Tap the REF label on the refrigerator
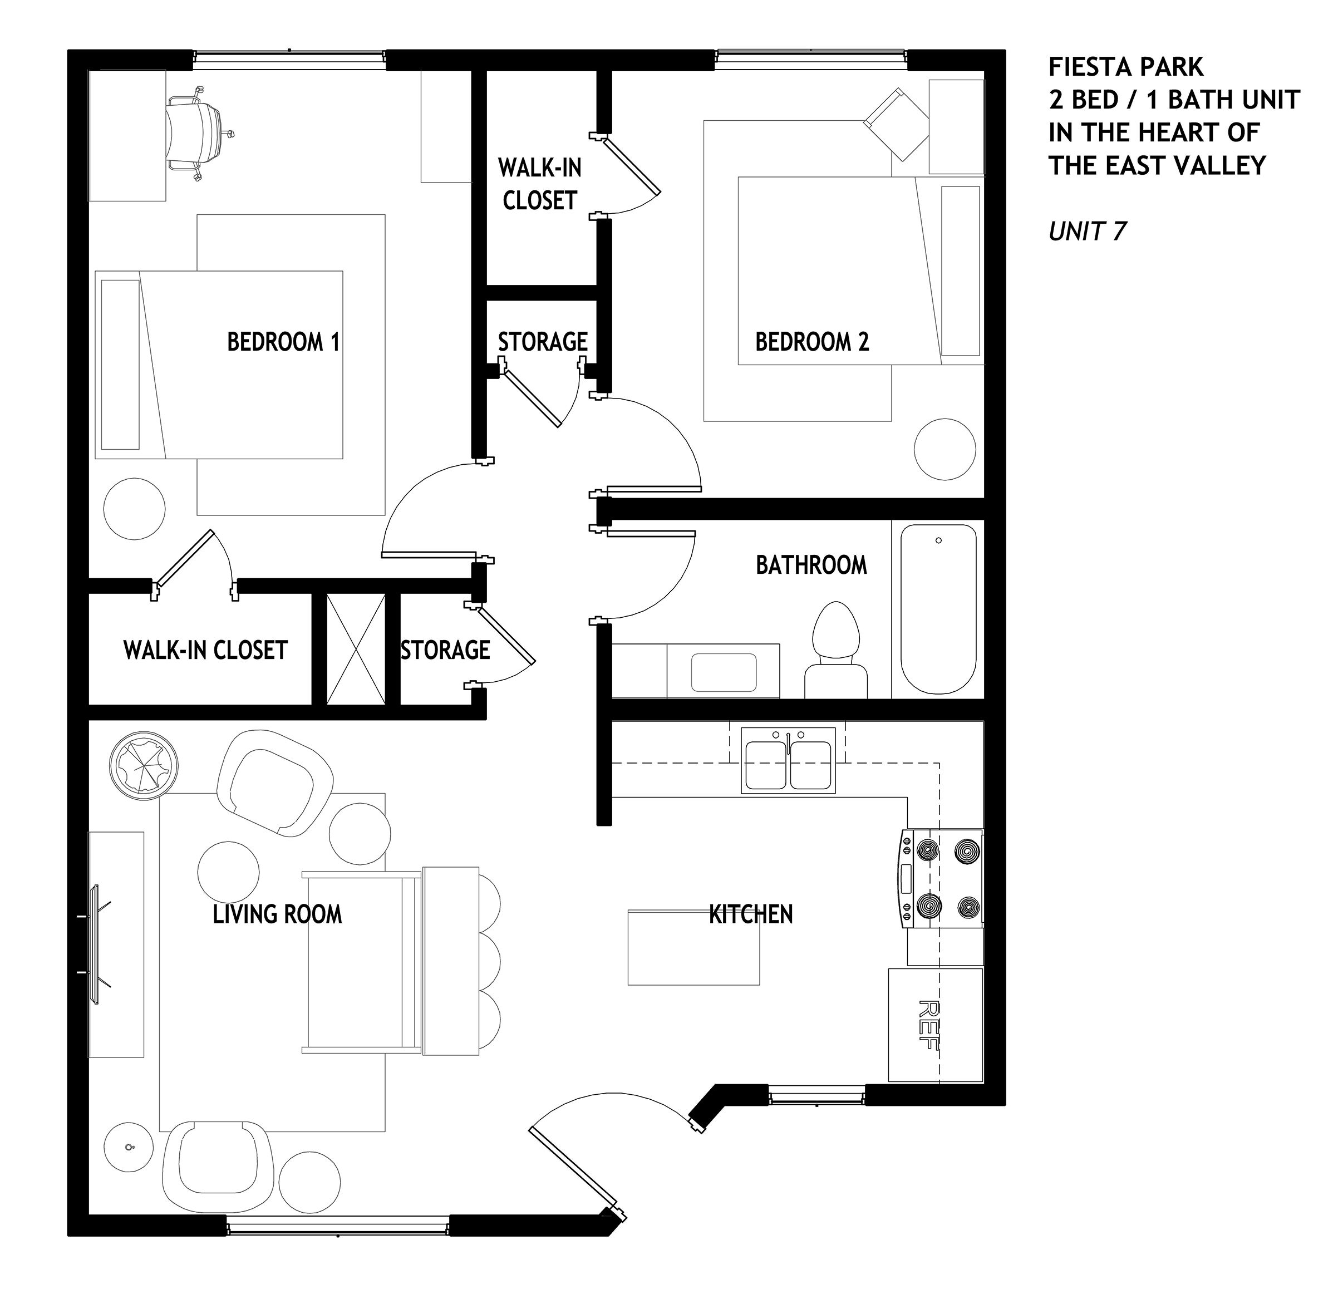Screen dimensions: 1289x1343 pyautogui.click(x=928, y=1025)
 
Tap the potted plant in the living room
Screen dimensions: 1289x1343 pyautogui.click(x=145, y=764)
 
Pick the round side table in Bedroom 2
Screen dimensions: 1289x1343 pyautogui.click(x=945, y=450)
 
